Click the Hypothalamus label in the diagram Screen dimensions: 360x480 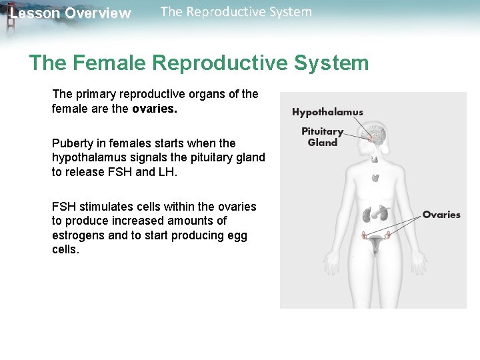point(327,112)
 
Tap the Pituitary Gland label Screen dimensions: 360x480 point(323,137)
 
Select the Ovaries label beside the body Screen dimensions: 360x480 point(441,215)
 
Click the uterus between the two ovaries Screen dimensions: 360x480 point(375,245)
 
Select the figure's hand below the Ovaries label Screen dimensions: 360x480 point(420,263)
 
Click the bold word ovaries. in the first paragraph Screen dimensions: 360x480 point(155,108)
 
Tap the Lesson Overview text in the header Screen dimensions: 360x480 point(70,13)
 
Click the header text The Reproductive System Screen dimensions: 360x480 point(236,11)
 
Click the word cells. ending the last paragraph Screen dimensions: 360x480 point(65,249)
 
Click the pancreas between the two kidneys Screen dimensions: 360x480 point(376,213)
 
